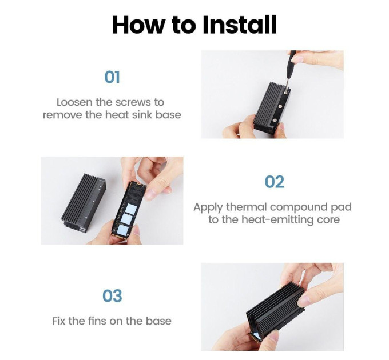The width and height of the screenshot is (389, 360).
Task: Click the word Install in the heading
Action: pyautogui.click(x=239, y=25)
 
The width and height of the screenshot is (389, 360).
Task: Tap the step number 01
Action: pyautogui.click(x=112, y=77)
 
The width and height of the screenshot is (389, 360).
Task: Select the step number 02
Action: pyautogui.click(x=274, y=182)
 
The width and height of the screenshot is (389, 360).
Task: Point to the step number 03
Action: pyautogui.click(x=112, y=295)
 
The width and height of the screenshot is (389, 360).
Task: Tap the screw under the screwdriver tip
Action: pyautogui.click(x=286, y=93)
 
